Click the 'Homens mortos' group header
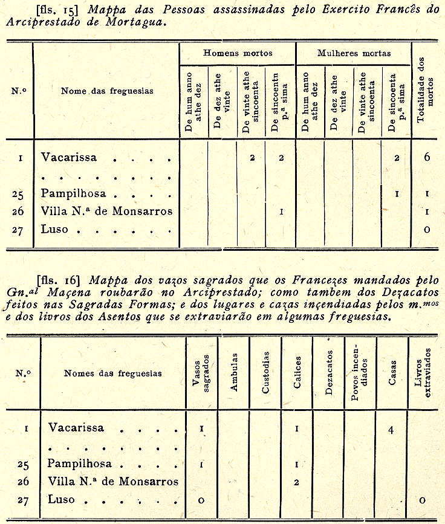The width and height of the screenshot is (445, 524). coord(237,53)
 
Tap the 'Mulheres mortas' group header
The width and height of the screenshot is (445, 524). coord(354,53)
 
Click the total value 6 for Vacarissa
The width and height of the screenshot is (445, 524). coord(426,157)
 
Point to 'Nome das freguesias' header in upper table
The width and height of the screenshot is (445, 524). coord(107,91)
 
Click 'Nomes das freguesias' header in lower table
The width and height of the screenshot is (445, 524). coord(113,373)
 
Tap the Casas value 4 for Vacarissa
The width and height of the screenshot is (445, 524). coord(391,430)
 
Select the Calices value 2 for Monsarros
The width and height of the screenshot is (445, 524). coord(296,482)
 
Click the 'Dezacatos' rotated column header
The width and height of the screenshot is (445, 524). coord(328,373)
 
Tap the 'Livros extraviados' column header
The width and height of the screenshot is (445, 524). coord(423,373)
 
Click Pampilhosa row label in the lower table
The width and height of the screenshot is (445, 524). coord(77,465)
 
